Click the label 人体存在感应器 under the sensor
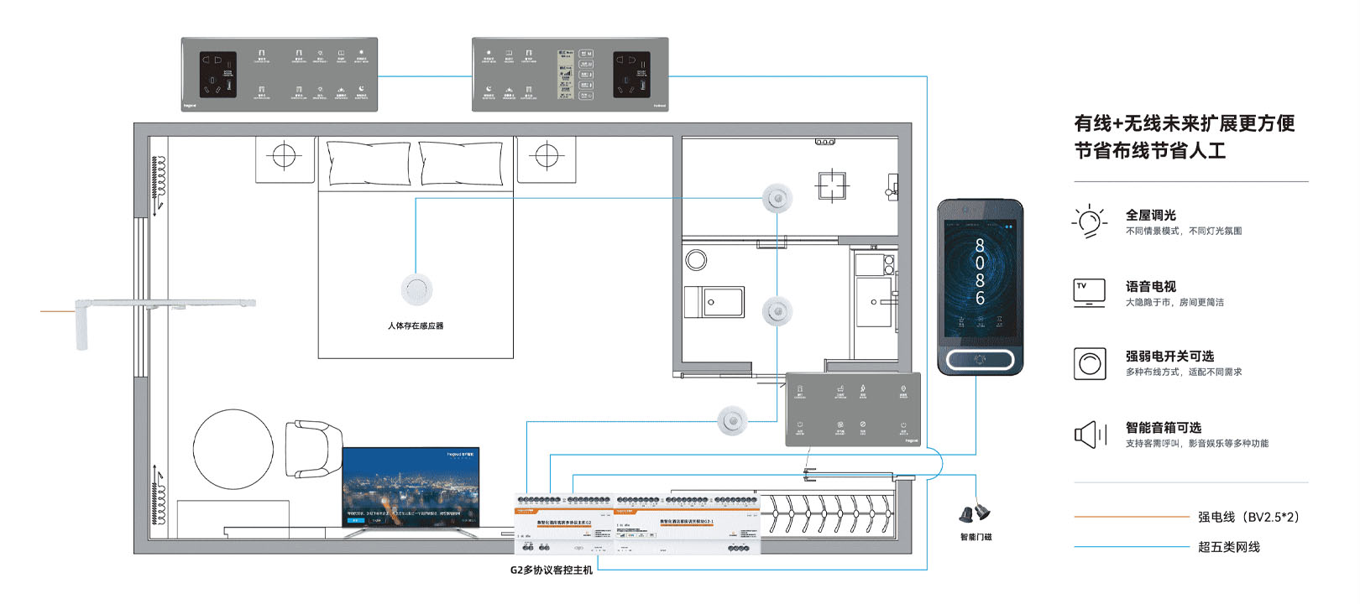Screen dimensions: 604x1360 pos(416,325)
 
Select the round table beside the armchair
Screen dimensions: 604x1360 pos(233,449)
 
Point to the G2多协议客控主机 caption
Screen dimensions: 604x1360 pos(551,570)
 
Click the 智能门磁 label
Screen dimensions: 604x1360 pos(976,537)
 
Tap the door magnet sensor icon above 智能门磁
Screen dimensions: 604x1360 pos(975,512)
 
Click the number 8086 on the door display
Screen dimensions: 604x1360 pos(980,272)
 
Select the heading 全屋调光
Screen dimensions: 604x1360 pos(1150,216)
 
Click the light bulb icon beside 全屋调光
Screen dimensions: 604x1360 pos(1089,221)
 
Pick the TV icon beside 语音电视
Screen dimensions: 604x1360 pos(1089,292)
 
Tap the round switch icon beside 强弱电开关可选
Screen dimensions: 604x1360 pos(1090,363)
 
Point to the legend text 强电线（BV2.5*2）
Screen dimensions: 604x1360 pos(1249,517)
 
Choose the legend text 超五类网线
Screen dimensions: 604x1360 pos(1228,547)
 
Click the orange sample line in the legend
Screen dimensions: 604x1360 pos(1131,517)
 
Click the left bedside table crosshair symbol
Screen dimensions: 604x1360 pos(285,156)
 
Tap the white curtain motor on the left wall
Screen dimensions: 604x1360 pos(81,324)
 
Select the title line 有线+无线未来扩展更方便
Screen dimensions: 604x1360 pos(1184,123)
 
